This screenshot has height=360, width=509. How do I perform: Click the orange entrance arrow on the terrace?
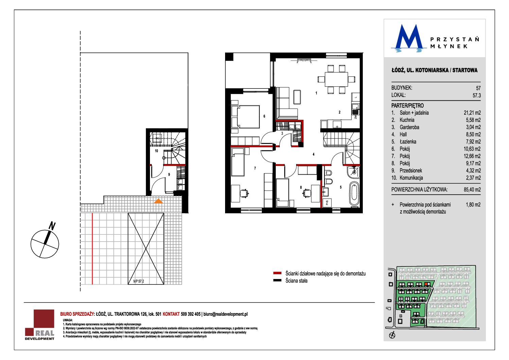click(x=158, y=201)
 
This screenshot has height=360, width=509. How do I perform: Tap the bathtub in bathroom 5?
click(x=354, y=193)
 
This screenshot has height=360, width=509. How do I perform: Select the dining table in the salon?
click(x=336, y=79)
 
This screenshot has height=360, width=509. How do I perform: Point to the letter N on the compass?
click(x=52, y=226)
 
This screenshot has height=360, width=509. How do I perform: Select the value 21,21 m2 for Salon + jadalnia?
click(x=472, y=113)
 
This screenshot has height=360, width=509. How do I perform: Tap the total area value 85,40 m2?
click(x=472, y=190)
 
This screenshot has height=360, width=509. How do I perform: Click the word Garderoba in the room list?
click(x=409, y=127)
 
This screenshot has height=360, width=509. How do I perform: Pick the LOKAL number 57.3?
click(x=477, y=96)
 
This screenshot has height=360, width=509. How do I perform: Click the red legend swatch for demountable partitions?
click(x=277, y=273)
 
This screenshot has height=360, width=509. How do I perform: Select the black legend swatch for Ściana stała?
click(x=277, y=280)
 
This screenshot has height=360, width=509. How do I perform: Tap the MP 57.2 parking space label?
click(x=139, y=281)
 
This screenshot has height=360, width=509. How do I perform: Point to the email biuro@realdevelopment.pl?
click(x=225, y=314)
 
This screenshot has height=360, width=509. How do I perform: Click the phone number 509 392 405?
click(x=191, y=314)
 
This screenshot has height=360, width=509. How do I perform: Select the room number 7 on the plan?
click(x=255, y=168)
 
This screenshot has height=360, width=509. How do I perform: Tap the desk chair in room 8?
click(x=307, y=193)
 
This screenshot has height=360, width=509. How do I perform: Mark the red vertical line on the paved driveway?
click(x=92, y=249)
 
